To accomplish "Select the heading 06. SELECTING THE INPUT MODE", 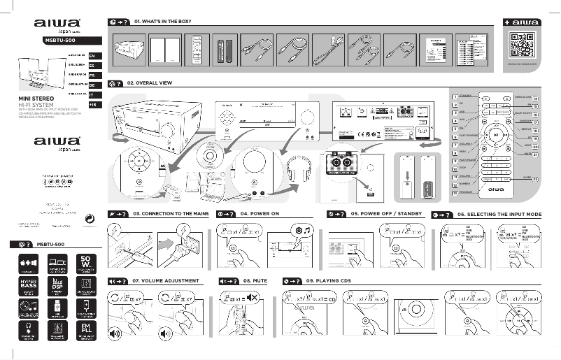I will tap(499, 213).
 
